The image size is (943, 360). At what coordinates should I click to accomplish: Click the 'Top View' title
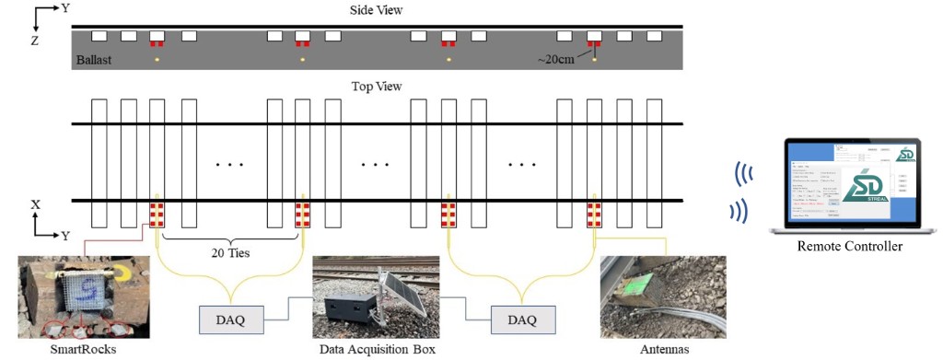click(x=377, y=87)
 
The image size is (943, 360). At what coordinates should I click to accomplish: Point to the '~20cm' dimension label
click(x=556, y=60)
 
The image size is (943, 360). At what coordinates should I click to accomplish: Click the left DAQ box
click(x=231, y=319)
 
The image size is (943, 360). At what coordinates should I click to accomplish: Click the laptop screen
click(x=849, y=184)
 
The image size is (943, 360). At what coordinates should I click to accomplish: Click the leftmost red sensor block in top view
click(x=157, y=215)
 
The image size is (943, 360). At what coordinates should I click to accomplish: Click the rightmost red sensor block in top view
click(x=594, y=215)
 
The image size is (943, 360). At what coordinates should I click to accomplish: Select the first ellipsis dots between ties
click(x=229, y=165)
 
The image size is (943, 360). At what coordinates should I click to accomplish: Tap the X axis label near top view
click(x=34, y=203)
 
